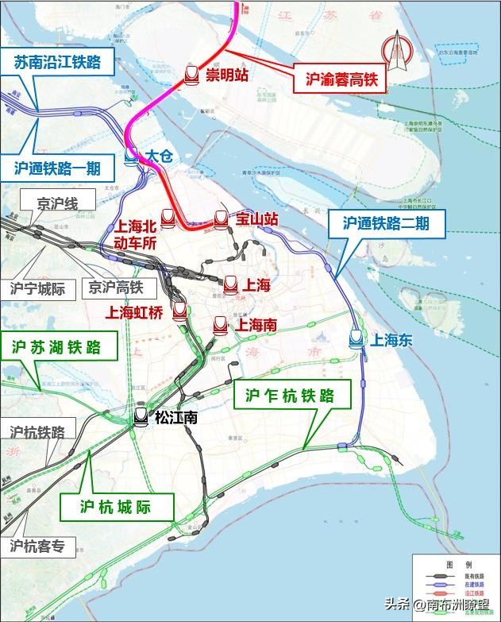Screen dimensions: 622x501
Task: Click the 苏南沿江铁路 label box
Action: pos(58,62)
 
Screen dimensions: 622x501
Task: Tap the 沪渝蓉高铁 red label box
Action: pos(340,79)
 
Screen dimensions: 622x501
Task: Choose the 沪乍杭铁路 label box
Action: pos(298,395)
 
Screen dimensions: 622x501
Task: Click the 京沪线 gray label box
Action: pos(57,203)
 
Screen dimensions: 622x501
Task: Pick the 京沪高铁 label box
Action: pos(115,288)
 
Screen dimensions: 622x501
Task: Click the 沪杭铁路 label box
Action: pos(37,431)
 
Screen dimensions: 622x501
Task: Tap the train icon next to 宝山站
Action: pos(222,218)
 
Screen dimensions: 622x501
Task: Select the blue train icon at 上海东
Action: pos(356,339)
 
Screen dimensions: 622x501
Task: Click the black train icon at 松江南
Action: pos(141,415)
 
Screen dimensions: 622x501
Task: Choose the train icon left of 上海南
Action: pos(218,324)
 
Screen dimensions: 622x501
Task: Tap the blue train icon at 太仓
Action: pos(131,158)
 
